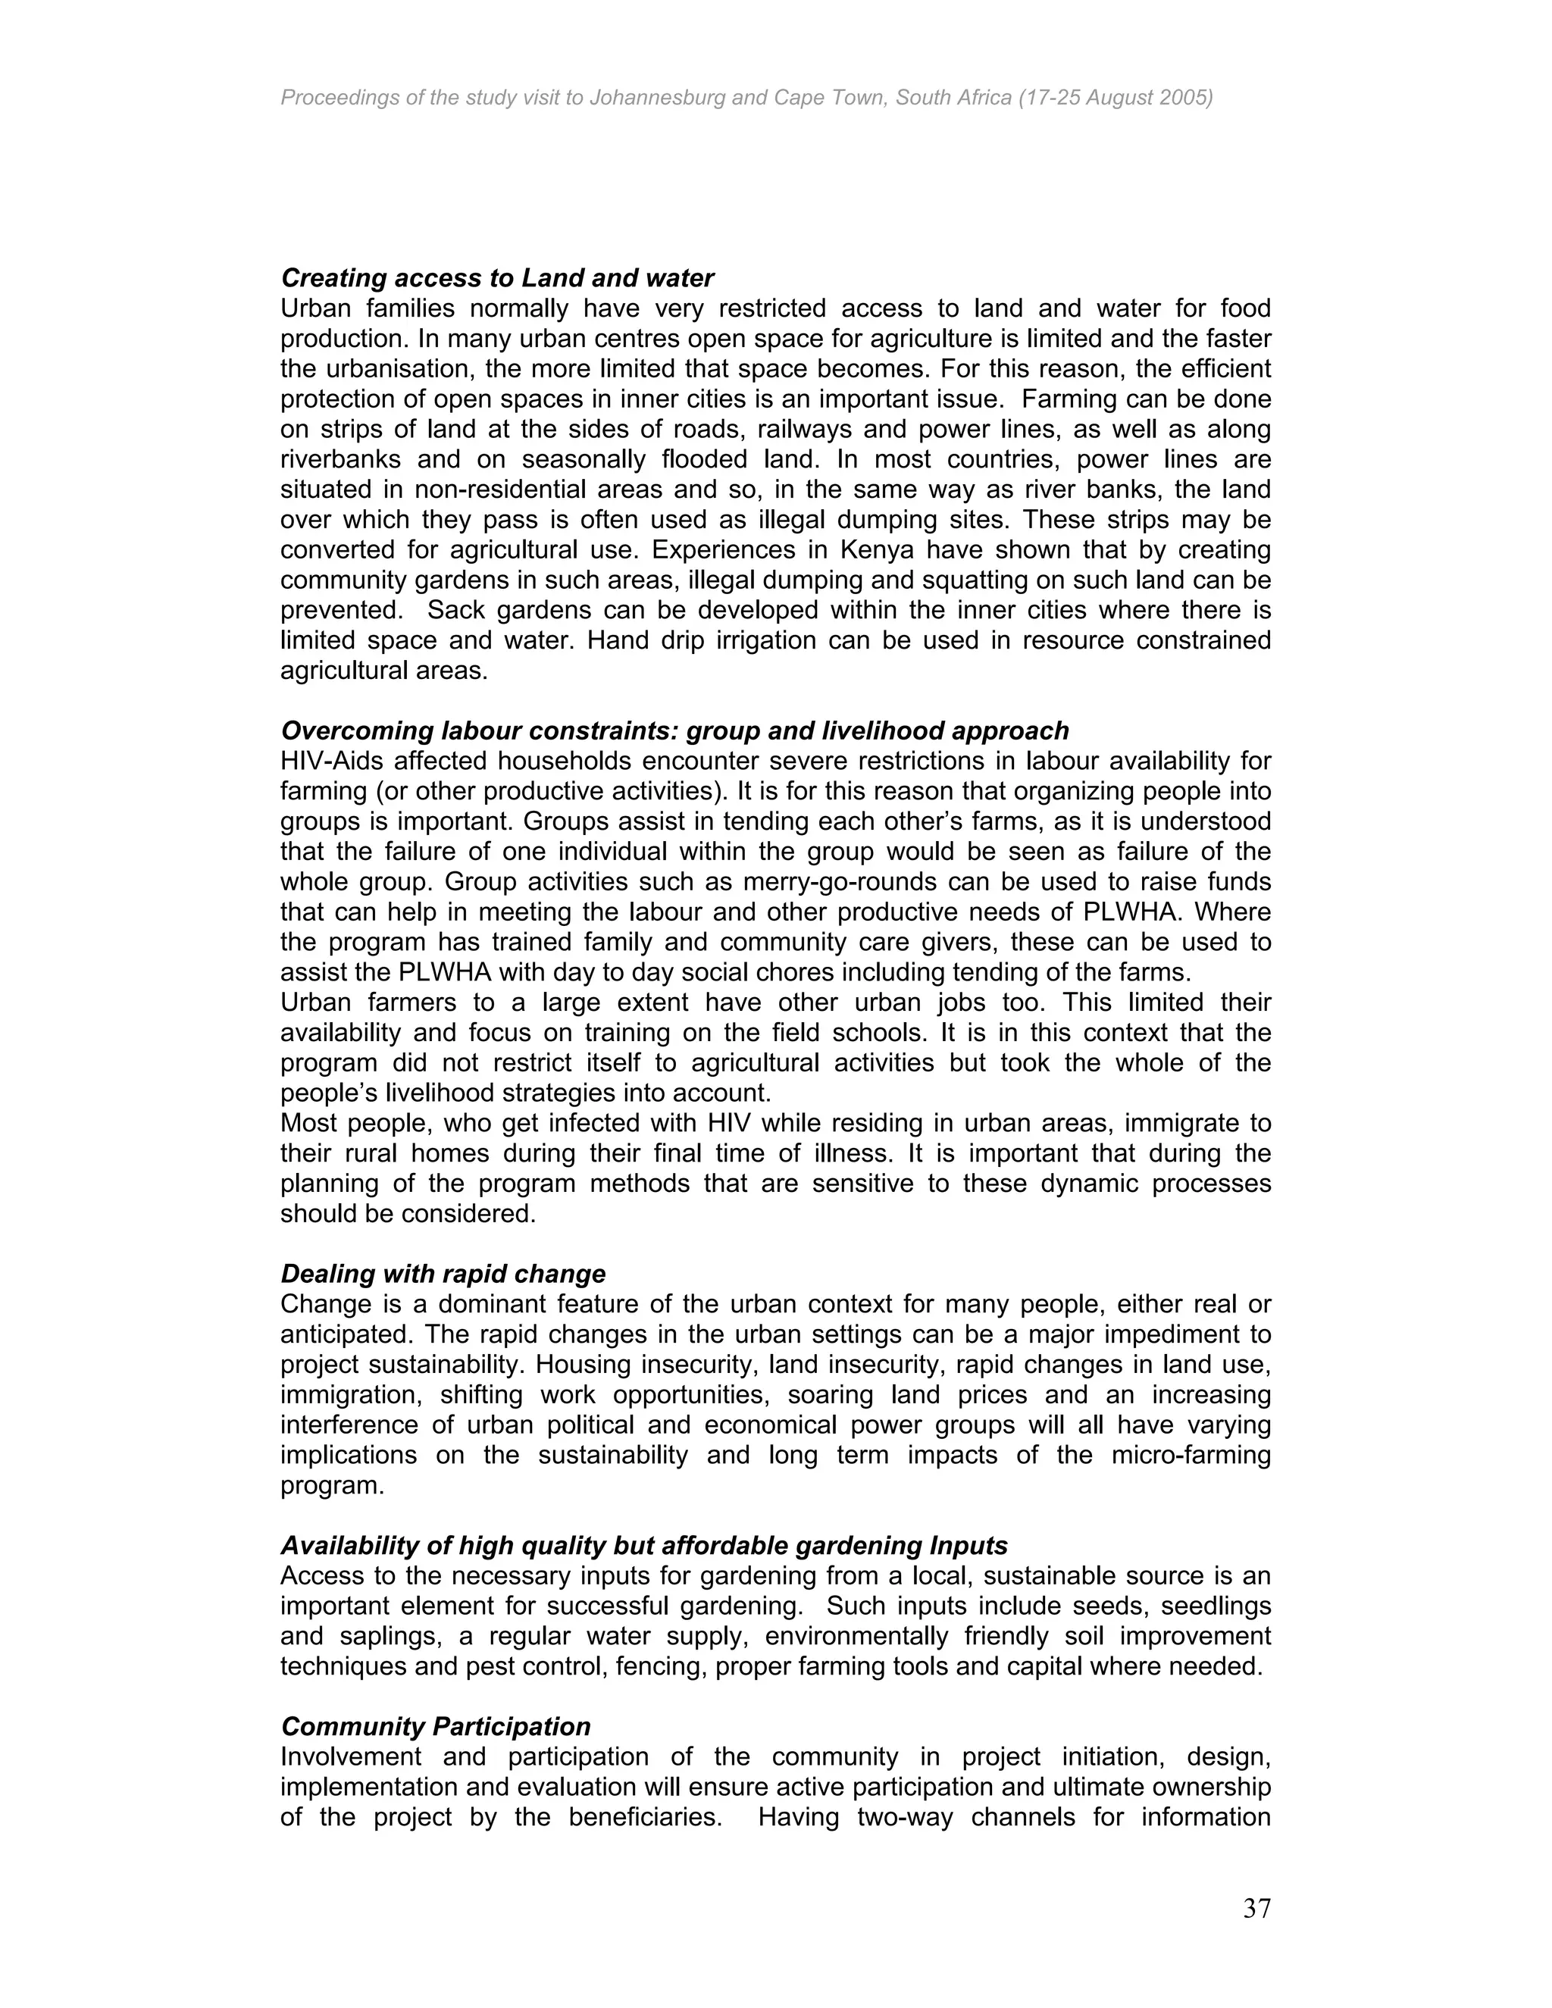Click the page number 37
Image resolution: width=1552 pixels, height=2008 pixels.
[x=1256, y=1909]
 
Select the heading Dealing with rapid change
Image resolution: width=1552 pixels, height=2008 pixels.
[x=443, y=1274]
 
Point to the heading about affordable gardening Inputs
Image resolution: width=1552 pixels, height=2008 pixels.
[x=643, y=1546]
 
